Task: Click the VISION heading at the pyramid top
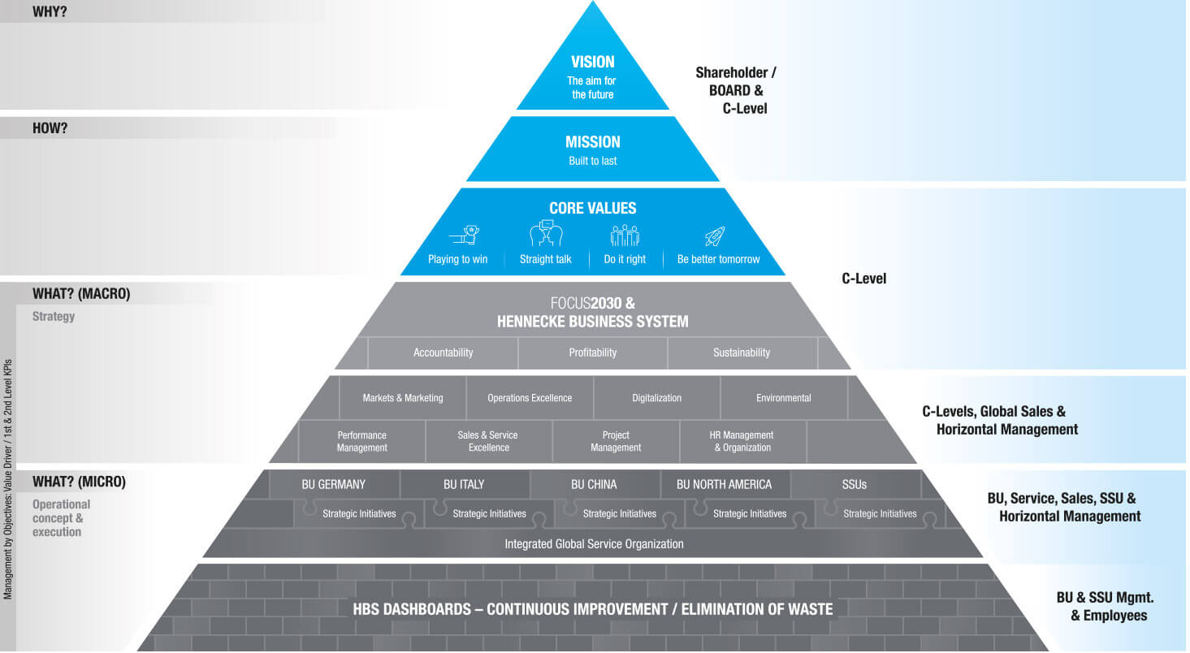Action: coord(592,62)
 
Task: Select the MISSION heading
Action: coord(592,142)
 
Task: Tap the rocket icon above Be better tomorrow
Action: coord(715,236)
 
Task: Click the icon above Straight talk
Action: coord(546,234)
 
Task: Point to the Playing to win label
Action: coord(457,259)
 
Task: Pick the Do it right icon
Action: coord(625,236)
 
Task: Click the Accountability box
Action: coord(443,352)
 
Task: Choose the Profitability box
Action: coord(592,352)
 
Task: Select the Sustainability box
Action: coord(741,352)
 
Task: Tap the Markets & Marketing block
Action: coord(403,398)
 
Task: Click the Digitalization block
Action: coord(656,398)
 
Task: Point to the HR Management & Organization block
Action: coord(742,441)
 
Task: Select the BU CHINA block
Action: coord(594,484)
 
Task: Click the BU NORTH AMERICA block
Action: coord(724,484)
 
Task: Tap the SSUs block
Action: coord(854,484)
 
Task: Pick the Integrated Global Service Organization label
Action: coord(594,543)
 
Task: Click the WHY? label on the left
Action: coord(50,12)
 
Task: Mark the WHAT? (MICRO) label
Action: coord(79,482)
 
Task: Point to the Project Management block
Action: coord(616,441)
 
